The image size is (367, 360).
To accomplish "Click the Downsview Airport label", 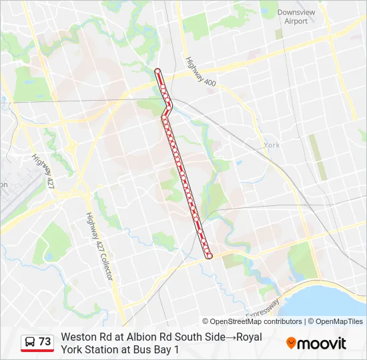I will (292, 17).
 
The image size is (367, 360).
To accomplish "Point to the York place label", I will (271, 145).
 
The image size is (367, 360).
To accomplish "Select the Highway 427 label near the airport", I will (41, 171).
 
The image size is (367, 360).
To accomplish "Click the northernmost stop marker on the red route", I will (157, 71).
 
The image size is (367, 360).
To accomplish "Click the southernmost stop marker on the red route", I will (209, 255).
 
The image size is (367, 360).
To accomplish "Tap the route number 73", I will (45, 342).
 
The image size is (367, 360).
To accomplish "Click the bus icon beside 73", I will (30, 342).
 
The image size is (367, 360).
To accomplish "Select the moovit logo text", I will (322, 344).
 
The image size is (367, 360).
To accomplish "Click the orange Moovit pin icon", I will (291, 343).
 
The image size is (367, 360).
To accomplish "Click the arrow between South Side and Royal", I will (231, 337).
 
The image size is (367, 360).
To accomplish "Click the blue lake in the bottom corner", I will (334, 297).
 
